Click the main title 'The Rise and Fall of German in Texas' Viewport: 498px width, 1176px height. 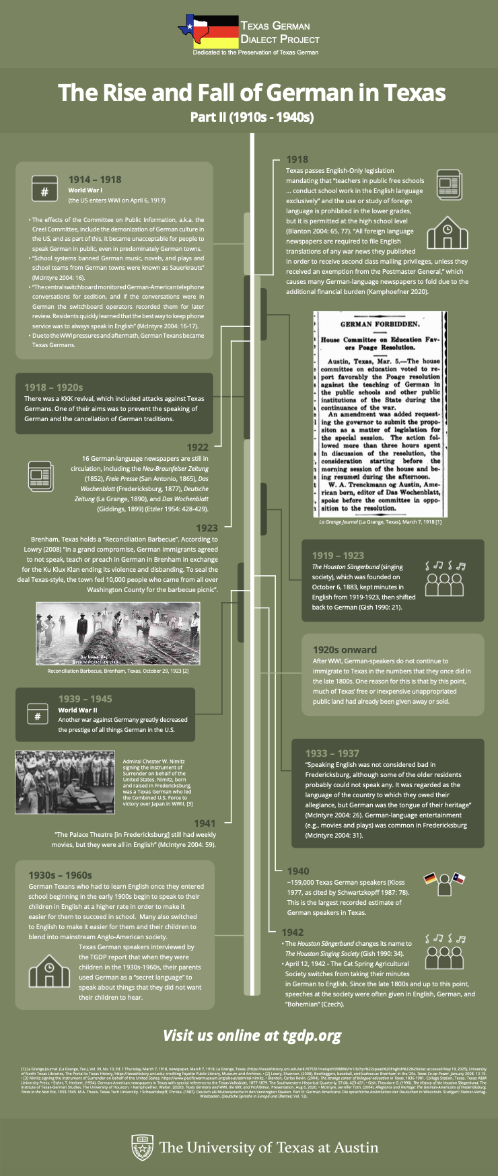252,92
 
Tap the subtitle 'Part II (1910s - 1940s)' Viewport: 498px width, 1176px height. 252,118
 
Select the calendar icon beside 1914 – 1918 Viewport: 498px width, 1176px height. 44,188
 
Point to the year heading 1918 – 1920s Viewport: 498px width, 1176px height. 54,388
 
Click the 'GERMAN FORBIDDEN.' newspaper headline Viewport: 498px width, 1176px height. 380,324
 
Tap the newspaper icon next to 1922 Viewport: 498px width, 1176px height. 40,475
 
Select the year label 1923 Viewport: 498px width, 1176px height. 207,528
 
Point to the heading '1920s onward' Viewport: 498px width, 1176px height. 345,650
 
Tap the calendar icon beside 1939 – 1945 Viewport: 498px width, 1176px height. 38,716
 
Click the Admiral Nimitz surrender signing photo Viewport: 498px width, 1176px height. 65,782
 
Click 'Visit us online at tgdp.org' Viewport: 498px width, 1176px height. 252,1035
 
